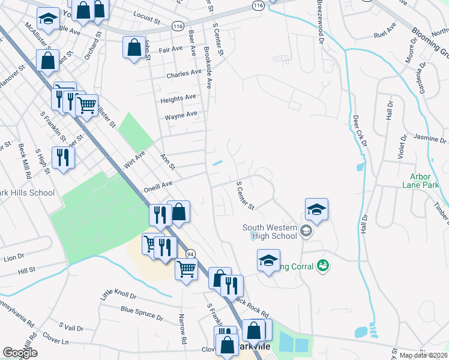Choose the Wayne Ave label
point(181,115)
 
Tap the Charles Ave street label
point(184,74)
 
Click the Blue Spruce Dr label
point(142,312)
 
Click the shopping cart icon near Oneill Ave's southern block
point(186,269)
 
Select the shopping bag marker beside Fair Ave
point(134,47)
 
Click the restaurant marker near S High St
point(62,157)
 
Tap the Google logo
point(20,352)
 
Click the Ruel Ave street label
point(385,28)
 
